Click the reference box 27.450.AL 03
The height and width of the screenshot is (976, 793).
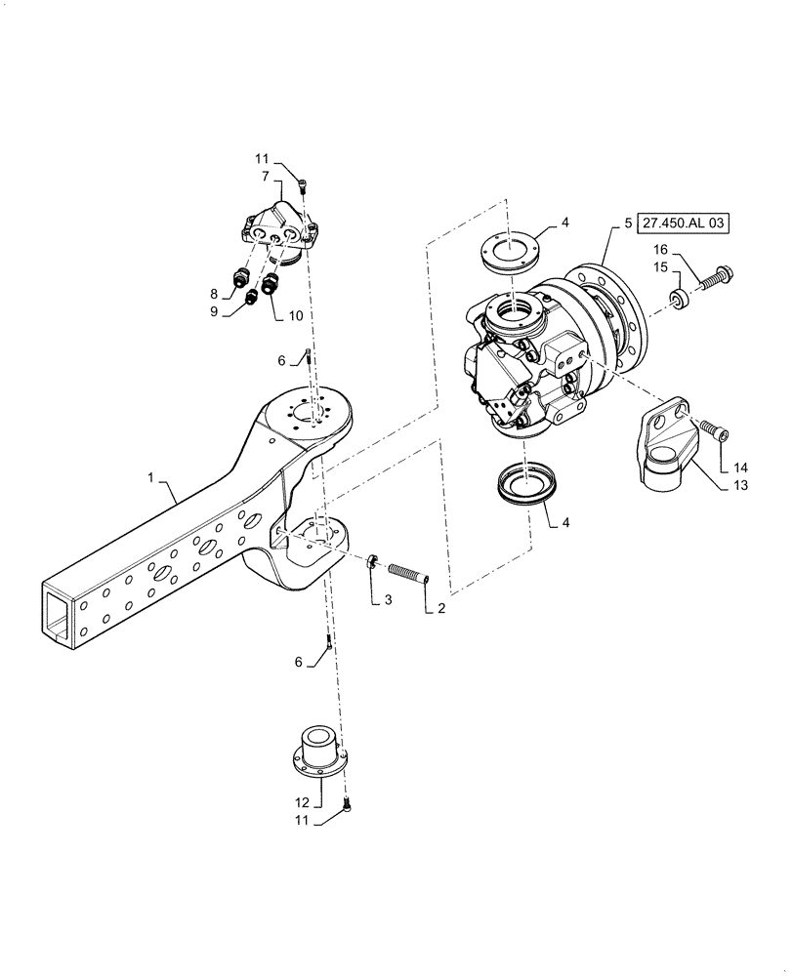pyautogui.click(x=686, y=224)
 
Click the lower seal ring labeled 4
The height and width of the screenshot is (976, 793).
pyautogui.click(x=525, y=482)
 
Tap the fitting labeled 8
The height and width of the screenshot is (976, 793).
pyautogui.click(x=237, y=280)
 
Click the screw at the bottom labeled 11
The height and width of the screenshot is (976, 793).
pyautogui.click(x=348, y=805)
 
